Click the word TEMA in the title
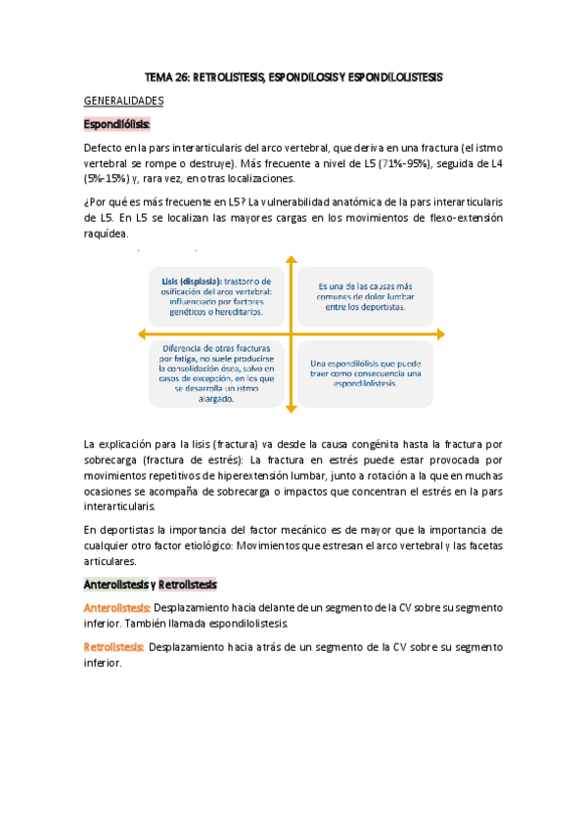point(158,75)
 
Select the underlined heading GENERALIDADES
point(123,100)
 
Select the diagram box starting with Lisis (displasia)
point(218,296)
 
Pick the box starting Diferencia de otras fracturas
point(217,372)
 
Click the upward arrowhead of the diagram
point(291,260)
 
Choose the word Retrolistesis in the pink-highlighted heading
point(187,584)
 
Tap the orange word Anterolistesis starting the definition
point(116,608)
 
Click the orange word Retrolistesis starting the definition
point(114,646)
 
